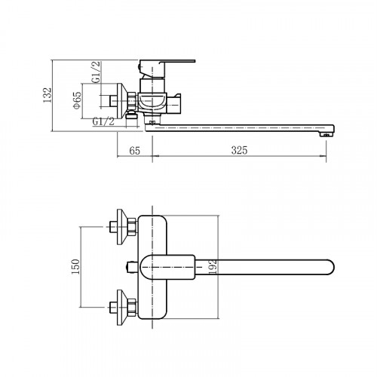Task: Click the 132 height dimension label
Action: click(48, 95)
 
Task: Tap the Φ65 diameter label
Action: click(77, 100)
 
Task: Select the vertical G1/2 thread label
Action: click(97, 72)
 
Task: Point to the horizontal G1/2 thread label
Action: click(103, 121)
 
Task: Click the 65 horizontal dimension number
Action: click(134, 151)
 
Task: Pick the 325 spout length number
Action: click(240, 150)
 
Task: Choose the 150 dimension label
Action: click(75, 267)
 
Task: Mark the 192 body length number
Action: click(213, 267)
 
